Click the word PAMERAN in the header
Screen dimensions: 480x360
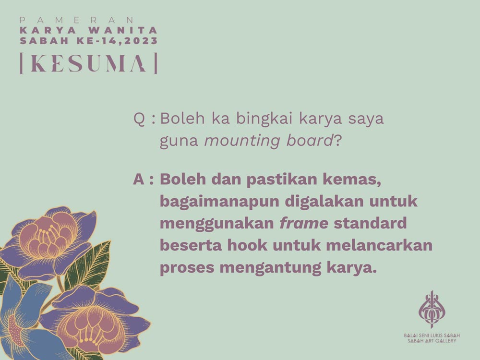(x=77, y=20)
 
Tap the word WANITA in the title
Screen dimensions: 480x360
(x=123, y=30)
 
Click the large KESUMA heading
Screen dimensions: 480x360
(x=88, y=63)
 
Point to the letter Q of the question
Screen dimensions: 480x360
(x=139, y=119)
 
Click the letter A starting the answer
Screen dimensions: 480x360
(x=139, y=180)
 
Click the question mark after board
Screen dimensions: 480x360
(x=337, y=140)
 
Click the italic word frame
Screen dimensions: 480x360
(x=304, y=223)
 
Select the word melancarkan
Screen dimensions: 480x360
(x=379, y=245)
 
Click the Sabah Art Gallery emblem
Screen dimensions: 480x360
(x=432, y=310)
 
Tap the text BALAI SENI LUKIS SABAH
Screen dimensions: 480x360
(x=432, y=336)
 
